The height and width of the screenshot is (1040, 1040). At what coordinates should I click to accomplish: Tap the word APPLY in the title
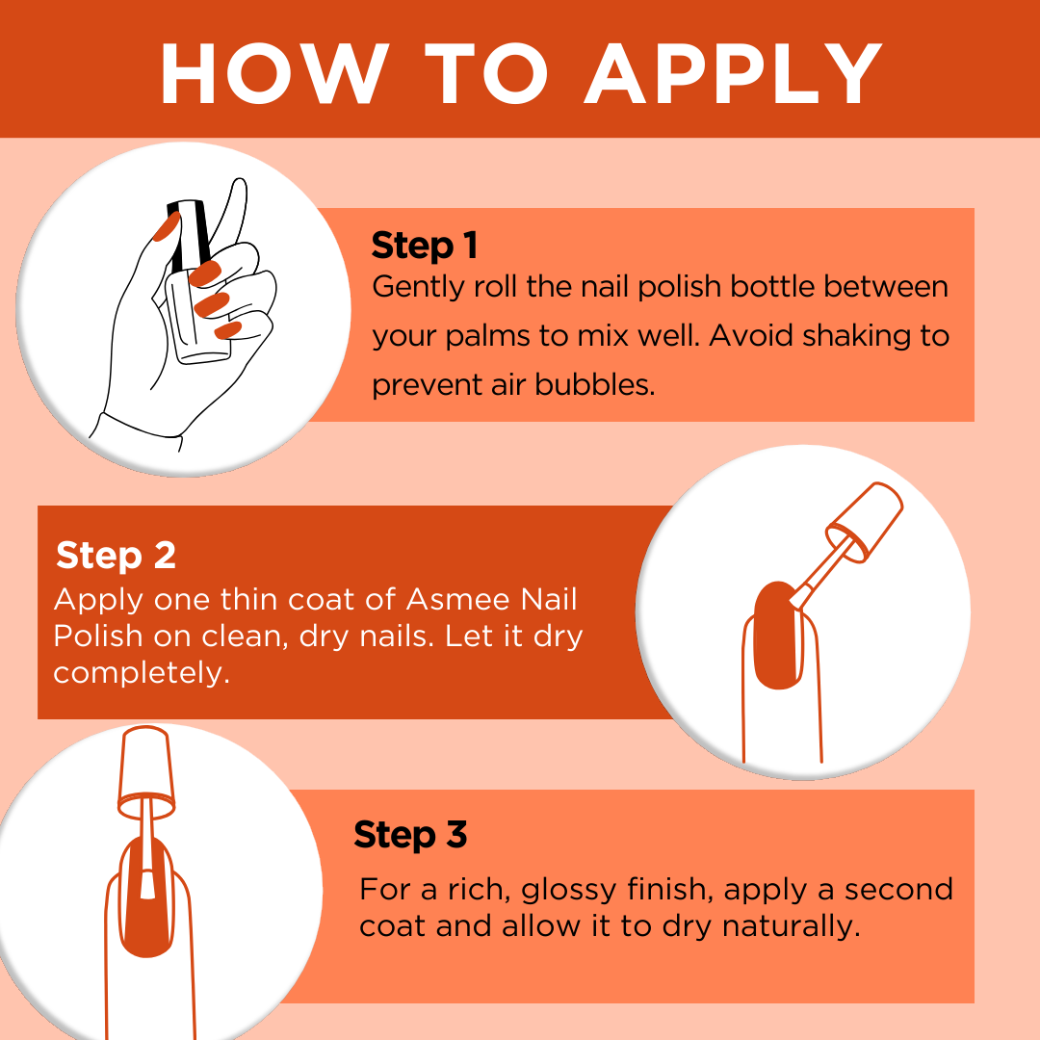pos(733,73)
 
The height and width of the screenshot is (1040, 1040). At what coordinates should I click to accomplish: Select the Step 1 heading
pos(425,247)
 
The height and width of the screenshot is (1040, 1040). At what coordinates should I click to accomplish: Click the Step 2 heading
pos(117,556)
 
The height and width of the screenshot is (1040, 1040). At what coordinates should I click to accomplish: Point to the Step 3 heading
pos(410,835)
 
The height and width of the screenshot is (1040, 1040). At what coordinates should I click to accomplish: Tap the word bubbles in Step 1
pos(595,384)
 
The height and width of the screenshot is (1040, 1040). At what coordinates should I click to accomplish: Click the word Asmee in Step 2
pos(457,599)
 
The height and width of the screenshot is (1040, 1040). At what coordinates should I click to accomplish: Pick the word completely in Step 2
pos(142,674)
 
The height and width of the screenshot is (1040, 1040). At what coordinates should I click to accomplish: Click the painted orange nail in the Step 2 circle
pos(777,636)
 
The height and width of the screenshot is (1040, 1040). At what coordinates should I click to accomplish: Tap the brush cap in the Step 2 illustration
pos(864,522)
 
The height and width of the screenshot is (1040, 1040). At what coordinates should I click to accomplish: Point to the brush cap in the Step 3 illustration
pos(146,772)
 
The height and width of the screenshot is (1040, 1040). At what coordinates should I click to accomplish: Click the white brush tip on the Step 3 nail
pos(147,883)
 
